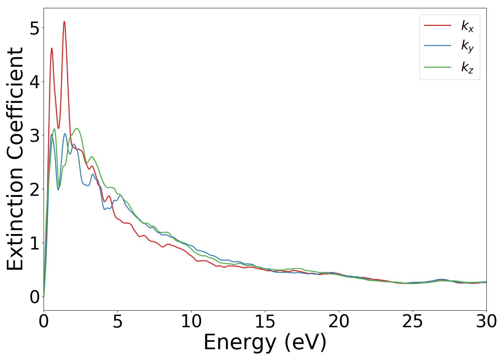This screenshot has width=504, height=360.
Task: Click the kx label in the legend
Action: (467, 26)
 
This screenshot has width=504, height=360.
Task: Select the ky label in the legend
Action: (467, 46)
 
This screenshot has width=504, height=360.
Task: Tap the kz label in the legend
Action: (467, 67)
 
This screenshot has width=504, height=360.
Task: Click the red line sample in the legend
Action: (437, 25)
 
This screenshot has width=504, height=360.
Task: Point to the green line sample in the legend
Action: (437, 67)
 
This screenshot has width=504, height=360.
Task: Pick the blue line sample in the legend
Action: (437, 46)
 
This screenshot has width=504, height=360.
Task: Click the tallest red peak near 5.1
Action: (64, 22)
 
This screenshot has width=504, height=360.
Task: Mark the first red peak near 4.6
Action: (52, 48)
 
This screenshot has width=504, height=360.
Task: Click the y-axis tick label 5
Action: (35, 28)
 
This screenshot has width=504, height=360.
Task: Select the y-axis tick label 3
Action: (35, 136)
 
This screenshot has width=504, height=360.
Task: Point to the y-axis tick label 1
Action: (35, 243)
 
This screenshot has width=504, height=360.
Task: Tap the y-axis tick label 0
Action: (35, 297)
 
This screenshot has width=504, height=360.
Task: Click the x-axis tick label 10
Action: (191, 321)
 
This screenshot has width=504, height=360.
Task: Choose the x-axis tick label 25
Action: (413, 321)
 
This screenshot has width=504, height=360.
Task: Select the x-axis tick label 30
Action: (486, 321)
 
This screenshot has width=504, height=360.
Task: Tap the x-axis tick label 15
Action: (265, 321)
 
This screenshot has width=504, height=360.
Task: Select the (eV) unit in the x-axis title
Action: (305, 342)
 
